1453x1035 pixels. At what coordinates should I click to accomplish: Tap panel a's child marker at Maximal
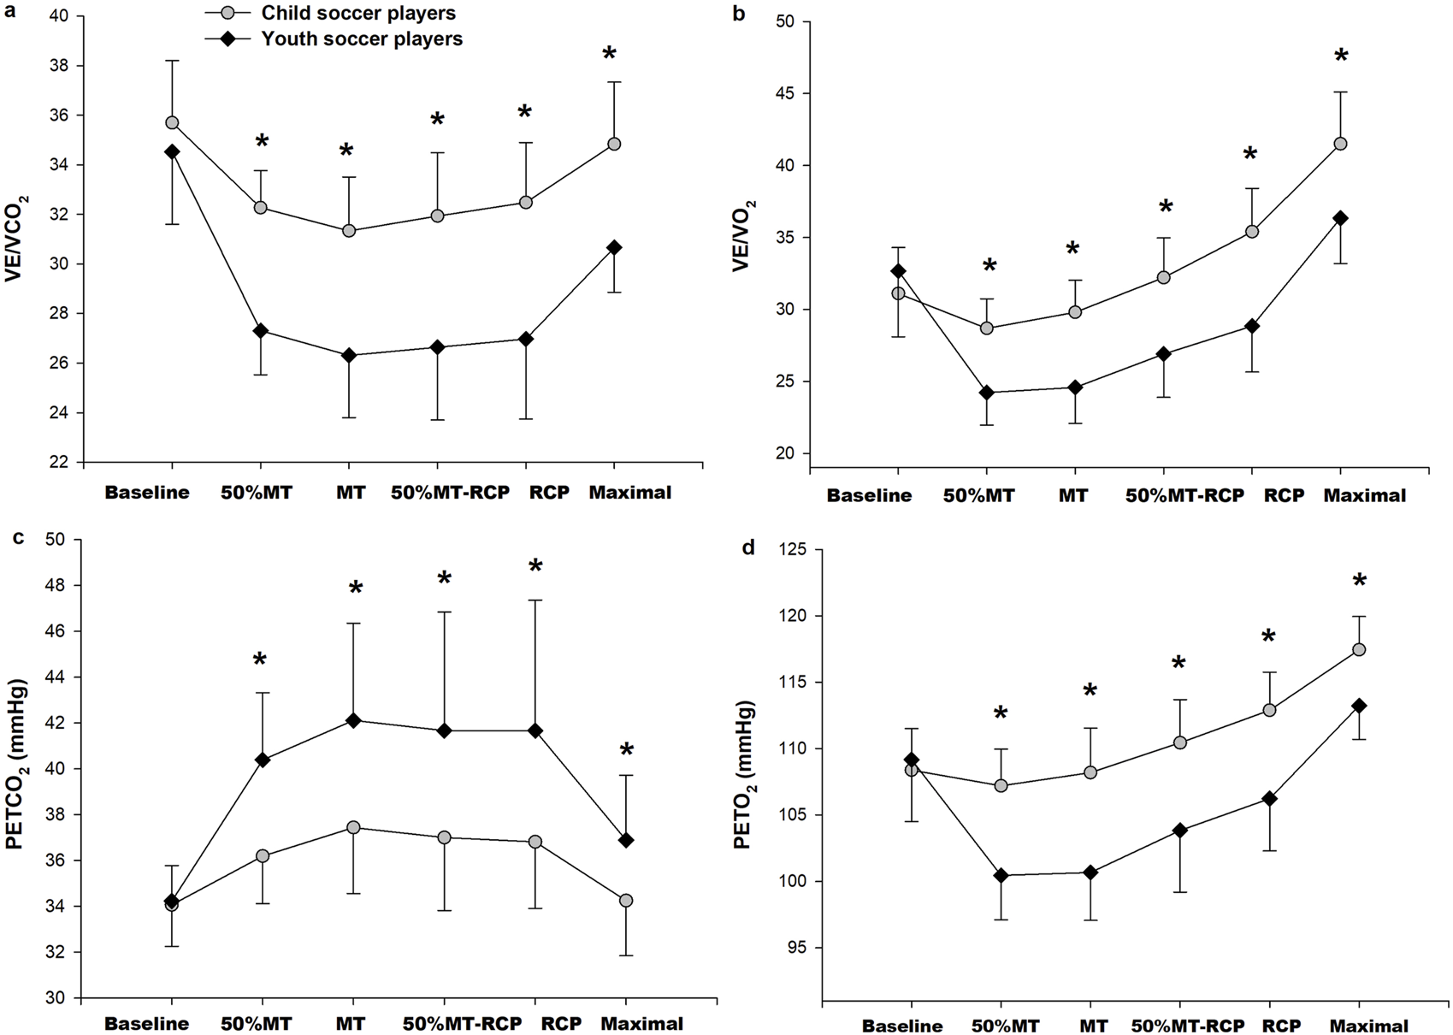point(613,144)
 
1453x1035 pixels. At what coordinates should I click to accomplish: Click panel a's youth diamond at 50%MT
point(261,331)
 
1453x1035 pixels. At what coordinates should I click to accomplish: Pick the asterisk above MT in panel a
point(346,151)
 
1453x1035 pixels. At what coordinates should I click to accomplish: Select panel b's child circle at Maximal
point(1340,144)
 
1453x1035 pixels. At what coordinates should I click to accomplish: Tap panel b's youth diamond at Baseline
point(898,271)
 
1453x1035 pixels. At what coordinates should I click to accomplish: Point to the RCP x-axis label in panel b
point(1283,495)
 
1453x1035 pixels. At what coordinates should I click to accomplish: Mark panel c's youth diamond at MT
point(352,720)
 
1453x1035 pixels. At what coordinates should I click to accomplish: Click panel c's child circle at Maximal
point(626,901)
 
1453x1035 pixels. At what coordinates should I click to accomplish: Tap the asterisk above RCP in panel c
point(535,566)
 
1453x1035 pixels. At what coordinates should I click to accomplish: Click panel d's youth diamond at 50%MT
point(1000,875)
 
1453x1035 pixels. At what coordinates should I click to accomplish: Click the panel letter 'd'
point(748,547)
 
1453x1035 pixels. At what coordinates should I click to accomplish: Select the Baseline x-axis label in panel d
point(902,1026)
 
